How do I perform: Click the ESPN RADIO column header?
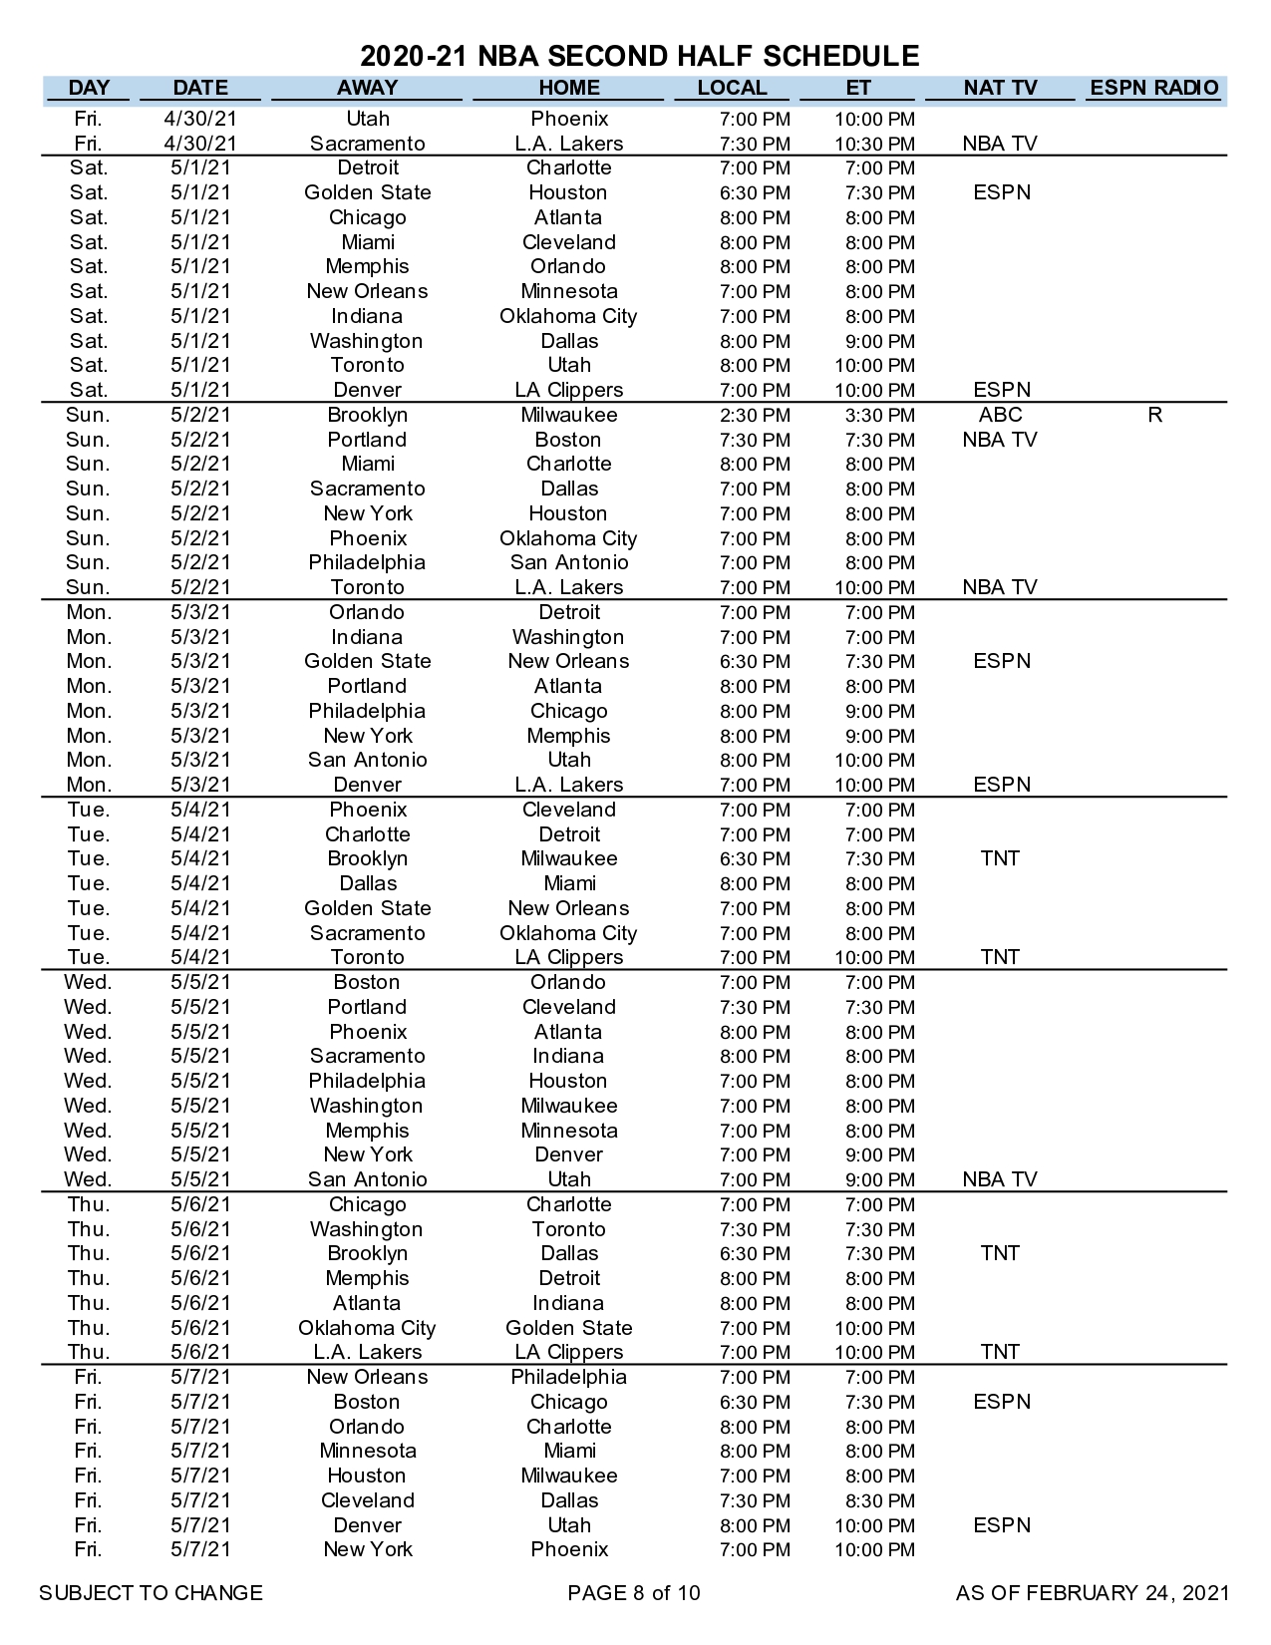click(1153, 88)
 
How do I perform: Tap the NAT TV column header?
click(1000, 88)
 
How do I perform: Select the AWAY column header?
click(367, 88)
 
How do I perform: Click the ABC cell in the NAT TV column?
click(1000, 415)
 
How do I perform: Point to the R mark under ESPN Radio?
click(1154, 415)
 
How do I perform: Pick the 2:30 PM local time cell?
click(755, 416)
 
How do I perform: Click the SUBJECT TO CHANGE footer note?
click(151, 1593)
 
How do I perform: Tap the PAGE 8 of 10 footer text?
click(634, 1593)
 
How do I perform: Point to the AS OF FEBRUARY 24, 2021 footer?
click(1093, 1593)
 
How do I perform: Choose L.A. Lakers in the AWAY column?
click(367, 1353)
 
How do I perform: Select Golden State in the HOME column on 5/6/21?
click(568, 1328)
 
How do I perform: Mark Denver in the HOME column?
click(568, 1155)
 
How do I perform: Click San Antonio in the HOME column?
click(568, 563)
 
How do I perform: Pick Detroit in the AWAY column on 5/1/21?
click(367, 167)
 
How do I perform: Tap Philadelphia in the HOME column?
click(568, 1378)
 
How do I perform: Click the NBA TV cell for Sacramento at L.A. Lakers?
click(1000, 144)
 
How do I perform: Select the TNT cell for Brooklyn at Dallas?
click(1000, 1253)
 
